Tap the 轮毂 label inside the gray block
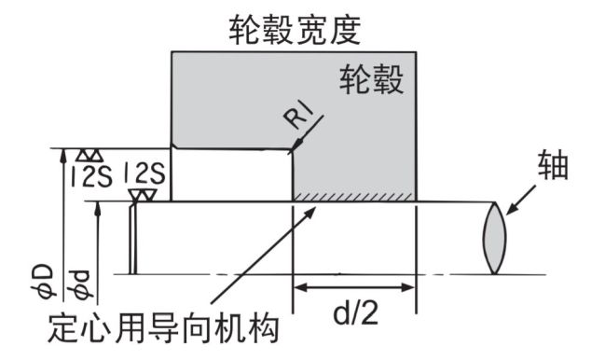pyautogui.click(x=372, y=80)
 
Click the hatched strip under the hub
pyautogui.click(x=354, y=196)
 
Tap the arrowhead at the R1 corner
pyautogui.click(x=295, y=147)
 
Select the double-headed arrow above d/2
pyautogui.click(x=354, y=287)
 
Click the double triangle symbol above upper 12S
pyautogui.click(x=89, y=154)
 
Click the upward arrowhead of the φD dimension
pyautogui.click(x=63, y=153)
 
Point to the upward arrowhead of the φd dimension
pyautogui.click(x=97, y=207)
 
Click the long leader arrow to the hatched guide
pyautogui.click(x=252, y=261)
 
